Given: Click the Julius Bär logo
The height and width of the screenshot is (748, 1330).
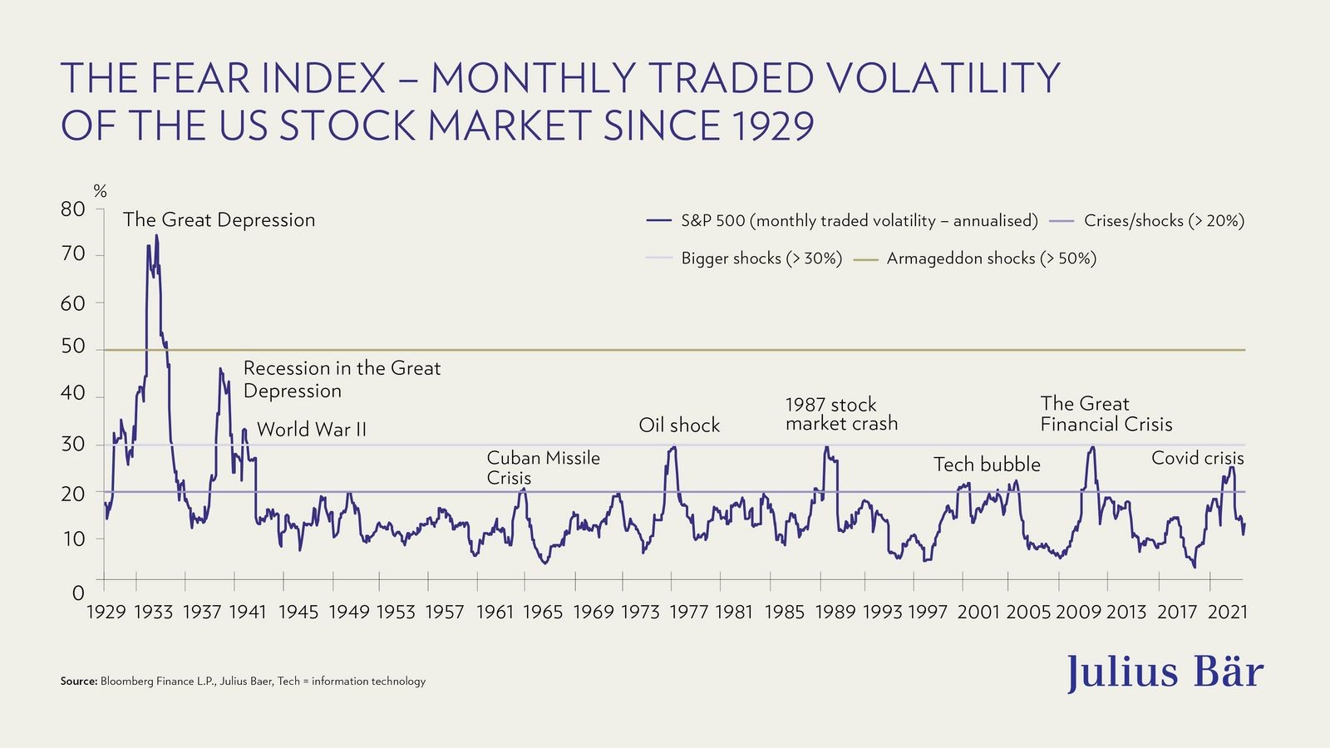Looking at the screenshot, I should pos(1165,672).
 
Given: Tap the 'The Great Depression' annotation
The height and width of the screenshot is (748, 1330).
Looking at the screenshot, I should pos(219,220).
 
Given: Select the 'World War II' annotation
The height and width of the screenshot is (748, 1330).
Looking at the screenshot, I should pos(311,430).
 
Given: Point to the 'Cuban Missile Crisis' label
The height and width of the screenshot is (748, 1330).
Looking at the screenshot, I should pos(543,468).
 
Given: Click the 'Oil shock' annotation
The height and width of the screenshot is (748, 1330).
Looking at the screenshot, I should pos(679,426).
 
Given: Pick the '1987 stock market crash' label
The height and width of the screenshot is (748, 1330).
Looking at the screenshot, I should pos(841,414).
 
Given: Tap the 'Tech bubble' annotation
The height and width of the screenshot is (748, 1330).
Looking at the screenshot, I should pos(987,465).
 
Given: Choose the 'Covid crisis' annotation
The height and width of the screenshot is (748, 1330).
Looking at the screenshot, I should pos(1197,458).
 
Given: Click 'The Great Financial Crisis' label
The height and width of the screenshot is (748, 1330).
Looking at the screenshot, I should pos(1106,414).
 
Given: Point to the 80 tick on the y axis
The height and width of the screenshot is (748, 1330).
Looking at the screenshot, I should pos(73,209).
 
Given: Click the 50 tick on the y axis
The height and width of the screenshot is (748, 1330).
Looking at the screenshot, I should pos(73,347).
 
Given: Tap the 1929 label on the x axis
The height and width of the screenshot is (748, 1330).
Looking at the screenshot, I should pos(106,613).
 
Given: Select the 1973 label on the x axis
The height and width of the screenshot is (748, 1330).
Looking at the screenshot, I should pos(639,613).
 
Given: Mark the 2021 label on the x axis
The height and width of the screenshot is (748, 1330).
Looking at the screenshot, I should pos(1228,613).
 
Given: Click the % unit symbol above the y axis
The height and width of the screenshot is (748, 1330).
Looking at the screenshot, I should pos(101,192).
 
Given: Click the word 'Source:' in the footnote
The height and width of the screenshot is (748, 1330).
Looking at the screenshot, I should pos(79,682).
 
